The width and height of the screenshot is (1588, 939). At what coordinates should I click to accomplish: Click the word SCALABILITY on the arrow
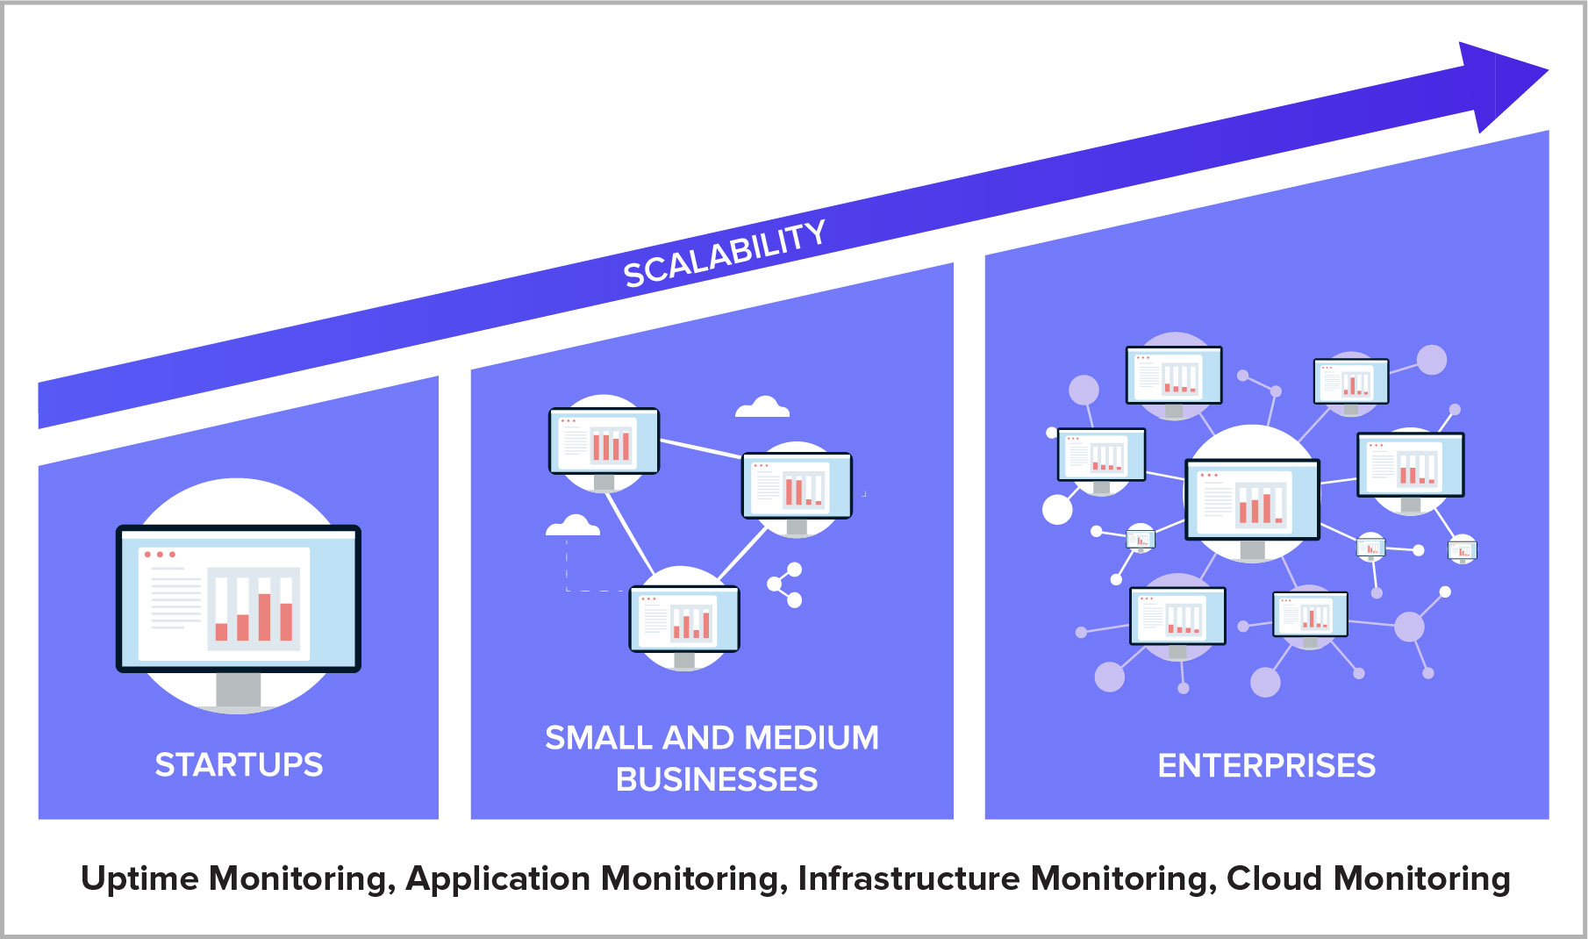tap(724, 254)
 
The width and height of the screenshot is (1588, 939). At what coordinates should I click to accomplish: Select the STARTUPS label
tap(239, 764)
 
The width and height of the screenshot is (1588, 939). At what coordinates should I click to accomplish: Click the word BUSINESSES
tap(716, 779)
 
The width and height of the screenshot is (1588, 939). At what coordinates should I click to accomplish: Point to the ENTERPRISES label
tap(1266, 765)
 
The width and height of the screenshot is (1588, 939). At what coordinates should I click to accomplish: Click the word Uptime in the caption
tap(139, 878)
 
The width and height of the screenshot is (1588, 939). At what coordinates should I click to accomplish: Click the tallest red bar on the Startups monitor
tap(264, 617)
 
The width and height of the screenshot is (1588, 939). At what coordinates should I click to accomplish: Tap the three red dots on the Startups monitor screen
tap(160, 555)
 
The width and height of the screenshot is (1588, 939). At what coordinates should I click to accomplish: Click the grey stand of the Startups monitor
tap(238, 690)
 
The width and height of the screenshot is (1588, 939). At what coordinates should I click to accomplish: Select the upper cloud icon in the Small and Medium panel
tap(762, 407)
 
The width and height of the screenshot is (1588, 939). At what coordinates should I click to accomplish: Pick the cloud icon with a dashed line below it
tap(573, 527)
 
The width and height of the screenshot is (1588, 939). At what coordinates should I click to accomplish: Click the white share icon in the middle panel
tap(786, 585)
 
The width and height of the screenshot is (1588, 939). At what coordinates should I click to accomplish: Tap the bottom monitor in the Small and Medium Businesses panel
tap(684, 619)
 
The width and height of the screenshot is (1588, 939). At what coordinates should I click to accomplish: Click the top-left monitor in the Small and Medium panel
tap(604, 441)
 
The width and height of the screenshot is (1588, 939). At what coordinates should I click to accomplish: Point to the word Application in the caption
tap(497, 878)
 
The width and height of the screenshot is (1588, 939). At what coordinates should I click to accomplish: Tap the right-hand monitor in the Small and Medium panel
tap(797, 485)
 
